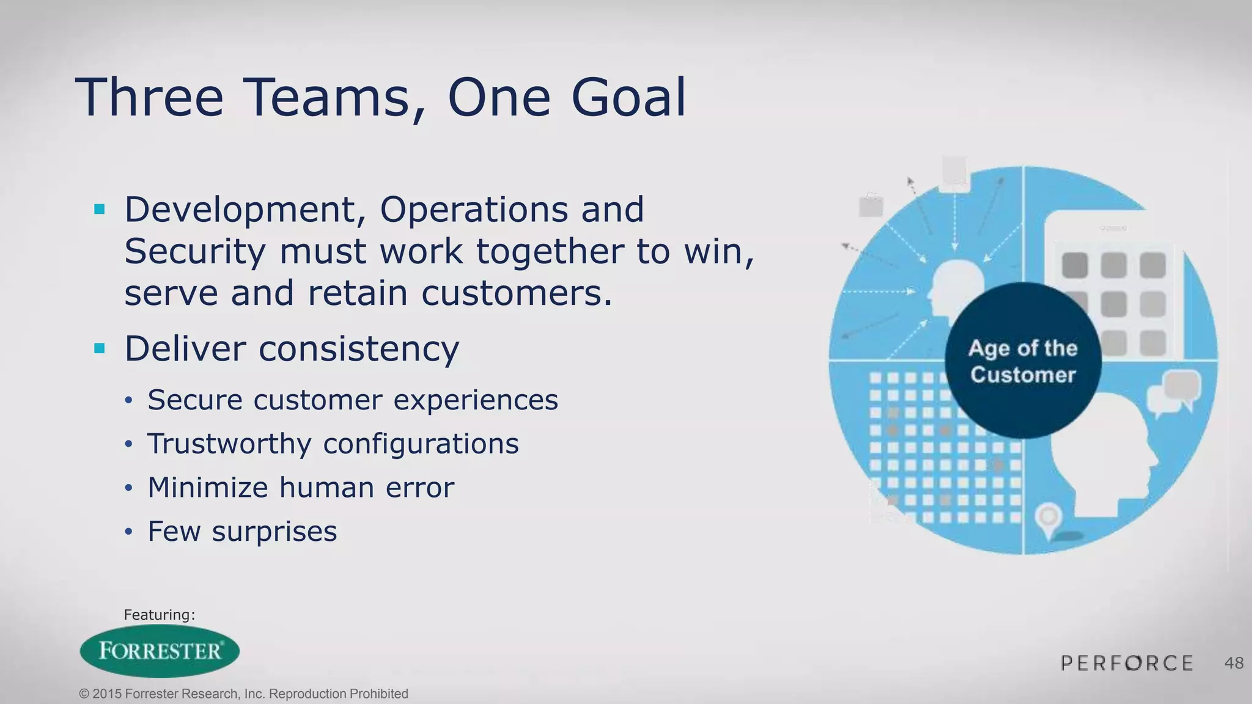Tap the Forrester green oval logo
(160, 651)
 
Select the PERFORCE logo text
(1127, 663)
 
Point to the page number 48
(1234, 663)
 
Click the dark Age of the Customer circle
(1023, 361)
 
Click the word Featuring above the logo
(159, 615)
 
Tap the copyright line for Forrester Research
(243, 694)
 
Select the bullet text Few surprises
(242, 531)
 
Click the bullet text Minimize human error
(301, 488)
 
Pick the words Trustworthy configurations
(333, 444)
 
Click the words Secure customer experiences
(353, 400)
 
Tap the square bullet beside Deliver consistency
(100, 349)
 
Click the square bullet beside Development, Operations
(100, 210)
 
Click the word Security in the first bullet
(195, 252)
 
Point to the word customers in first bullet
(517, 293)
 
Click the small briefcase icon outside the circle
(871, 205)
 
